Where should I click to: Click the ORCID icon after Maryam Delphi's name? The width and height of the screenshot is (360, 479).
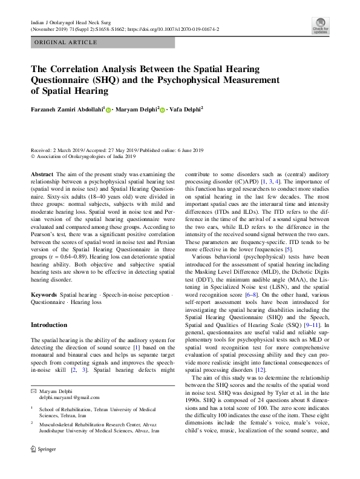(162, 110)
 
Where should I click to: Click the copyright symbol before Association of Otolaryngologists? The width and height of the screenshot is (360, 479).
(33, 156)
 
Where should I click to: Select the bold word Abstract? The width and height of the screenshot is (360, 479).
(42, 174)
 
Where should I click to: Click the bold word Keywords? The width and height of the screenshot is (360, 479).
(44, 294)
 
